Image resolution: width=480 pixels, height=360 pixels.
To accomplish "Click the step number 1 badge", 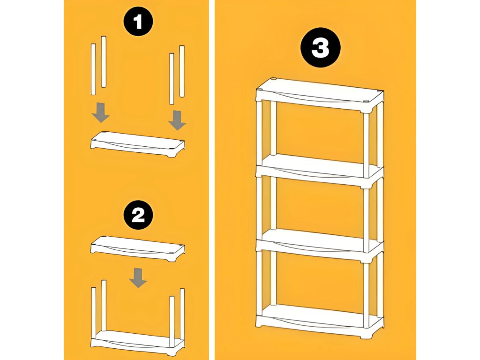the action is (138, 22).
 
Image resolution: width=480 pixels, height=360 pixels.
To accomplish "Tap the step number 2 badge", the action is (138, 215).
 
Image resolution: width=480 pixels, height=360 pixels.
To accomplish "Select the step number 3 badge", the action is (321, 47).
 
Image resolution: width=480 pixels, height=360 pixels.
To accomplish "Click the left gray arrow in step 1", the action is (101, 112).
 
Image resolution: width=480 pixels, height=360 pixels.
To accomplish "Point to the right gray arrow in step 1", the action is (177, 120).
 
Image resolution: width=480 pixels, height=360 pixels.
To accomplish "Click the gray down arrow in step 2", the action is (138, 277).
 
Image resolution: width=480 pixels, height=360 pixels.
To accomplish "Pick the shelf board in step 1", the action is (138, 145).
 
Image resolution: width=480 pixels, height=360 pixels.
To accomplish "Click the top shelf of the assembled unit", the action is (320, 96).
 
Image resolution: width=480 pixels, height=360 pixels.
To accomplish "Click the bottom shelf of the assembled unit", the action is (320, 322).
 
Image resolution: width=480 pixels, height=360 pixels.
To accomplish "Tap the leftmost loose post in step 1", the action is (93, 69).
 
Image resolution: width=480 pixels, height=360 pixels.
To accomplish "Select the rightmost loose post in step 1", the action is (182, 72).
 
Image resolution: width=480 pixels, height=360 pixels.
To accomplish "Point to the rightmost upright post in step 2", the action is (182, 314).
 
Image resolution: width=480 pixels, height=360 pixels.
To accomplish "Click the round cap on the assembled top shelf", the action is (274, 80).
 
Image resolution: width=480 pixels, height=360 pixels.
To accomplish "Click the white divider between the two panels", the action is (211, 180).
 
